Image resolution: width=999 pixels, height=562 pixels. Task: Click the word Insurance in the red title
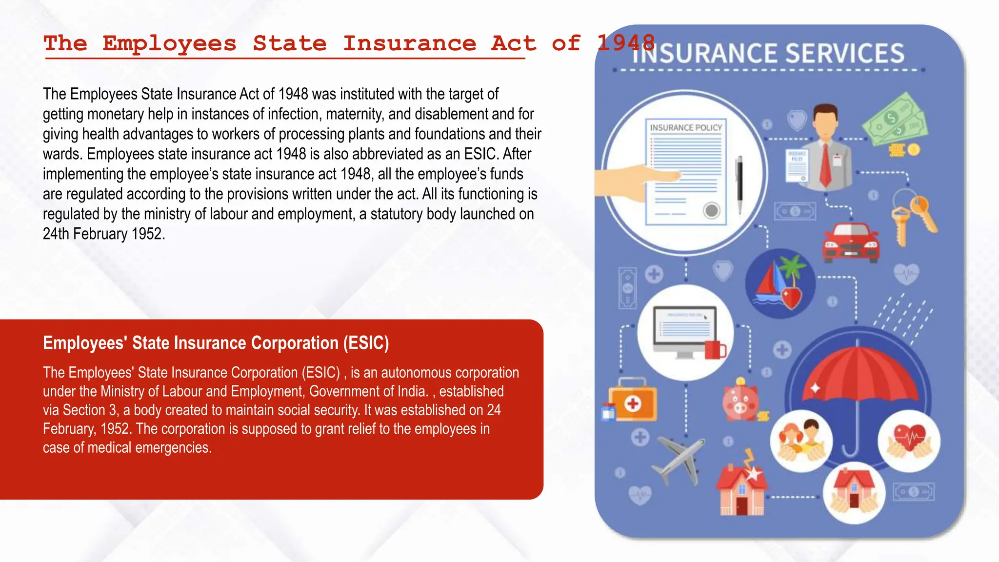409,43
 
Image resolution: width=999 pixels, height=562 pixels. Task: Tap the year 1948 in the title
626,43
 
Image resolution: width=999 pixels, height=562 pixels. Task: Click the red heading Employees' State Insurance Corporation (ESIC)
216,343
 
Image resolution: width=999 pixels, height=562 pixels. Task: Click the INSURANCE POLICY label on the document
685,127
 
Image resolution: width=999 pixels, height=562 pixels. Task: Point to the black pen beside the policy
740,183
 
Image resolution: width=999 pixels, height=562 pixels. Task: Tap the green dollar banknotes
895,120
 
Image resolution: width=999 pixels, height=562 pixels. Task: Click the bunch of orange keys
912,217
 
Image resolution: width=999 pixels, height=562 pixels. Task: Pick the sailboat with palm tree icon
780,283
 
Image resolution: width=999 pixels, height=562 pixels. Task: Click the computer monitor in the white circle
685,332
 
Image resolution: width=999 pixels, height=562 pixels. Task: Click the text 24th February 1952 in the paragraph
103,234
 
